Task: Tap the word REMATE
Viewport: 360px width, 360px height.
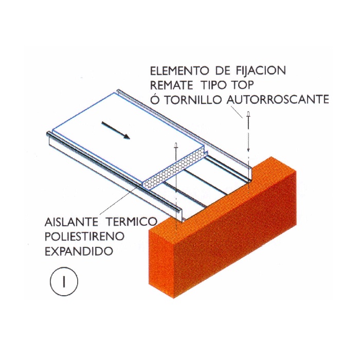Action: pos(171,85)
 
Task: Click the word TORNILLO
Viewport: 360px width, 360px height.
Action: pos(193,100)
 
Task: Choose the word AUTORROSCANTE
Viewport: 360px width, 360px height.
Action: pos(278,100)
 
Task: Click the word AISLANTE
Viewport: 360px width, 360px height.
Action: pos(71,222)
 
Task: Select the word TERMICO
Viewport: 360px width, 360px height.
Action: pos(132,222)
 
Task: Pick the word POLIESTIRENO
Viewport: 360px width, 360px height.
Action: pos(84,237)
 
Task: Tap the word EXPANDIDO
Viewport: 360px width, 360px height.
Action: pos(79,251)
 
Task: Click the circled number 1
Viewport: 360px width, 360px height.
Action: pos(64,281)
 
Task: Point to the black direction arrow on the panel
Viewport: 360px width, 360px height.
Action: pos(116,131)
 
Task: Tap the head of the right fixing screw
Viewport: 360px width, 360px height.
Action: pos(248,114)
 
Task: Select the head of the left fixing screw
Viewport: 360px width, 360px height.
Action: pos(176,145)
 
